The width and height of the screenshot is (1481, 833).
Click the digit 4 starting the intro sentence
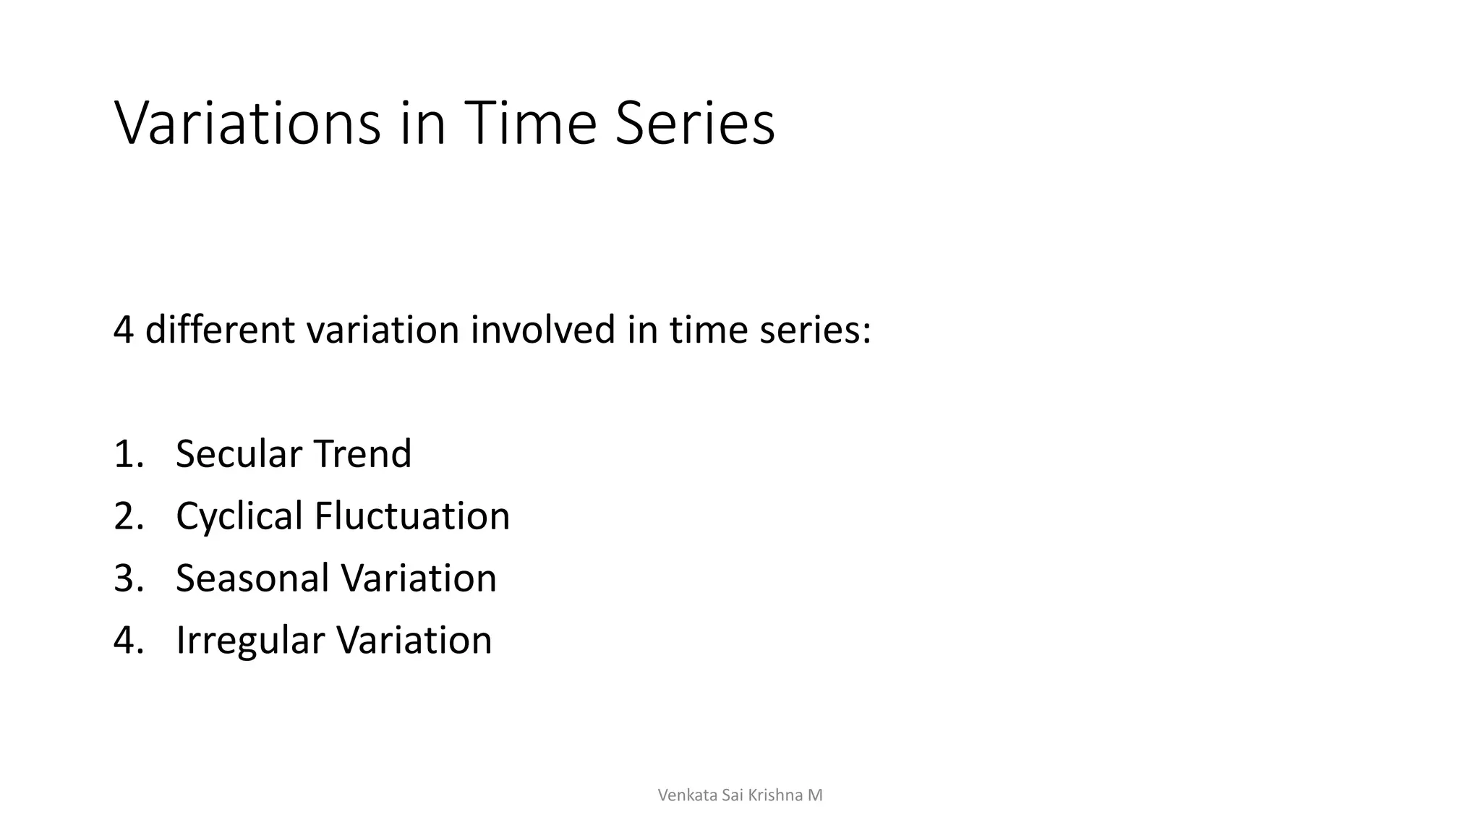124,330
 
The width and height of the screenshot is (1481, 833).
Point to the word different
220,330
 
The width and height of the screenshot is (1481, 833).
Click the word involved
542,330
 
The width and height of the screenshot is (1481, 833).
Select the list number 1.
129,454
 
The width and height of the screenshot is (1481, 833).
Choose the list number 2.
129,516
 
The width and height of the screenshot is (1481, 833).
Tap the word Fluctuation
412,516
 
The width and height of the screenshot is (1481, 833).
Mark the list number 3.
129,578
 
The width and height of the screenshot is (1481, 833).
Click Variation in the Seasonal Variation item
419,578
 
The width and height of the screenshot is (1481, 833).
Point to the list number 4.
129,641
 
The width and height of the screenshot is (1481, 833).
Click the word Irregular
250,641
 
